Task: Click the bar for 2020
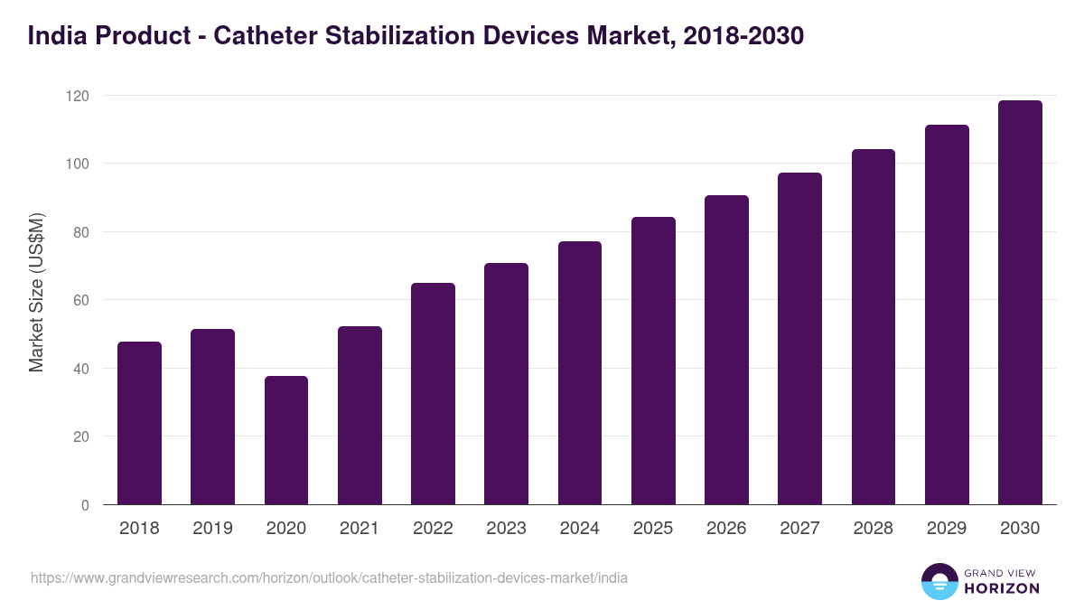point(286,440)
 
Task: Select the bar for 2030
point(1020,303)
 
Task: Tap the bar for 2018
point(139,423)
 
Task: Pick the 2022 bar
point(433,394)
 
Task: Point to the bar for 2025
point(653,361)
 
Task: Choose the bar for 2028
point(874,327)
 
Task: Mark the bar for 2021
point(360,416)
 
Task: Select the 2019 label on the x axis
point(212,529)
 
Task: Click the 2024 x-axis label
point(579,529)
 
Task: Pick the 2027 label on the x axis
point(799,529)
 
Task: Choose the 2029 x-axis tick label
point(947,529)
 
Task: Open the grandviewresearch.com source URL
point(329,578)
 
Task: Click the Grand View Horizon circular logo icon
point(939,582)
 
